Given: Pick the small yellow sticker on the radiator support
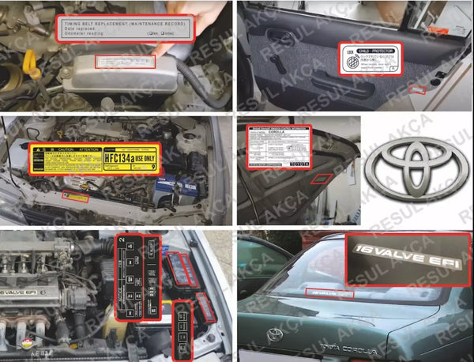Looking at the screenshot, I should coord(76,196).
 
